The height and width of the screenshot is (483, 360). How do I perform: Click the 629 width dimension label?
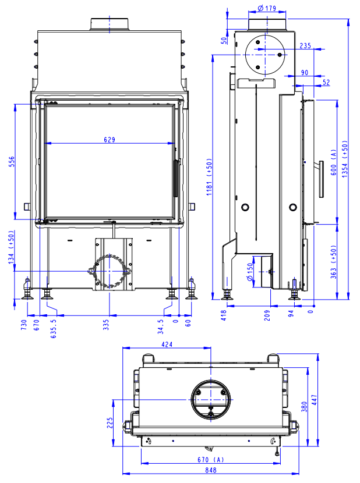point(110,139)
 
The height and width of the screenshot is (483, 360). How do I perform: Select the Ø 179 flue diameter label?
point(266,8)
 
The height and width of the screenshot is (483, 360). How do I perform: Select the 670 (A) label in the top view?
point(211,460)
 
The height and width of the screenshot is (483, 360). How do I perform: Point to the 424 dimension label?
point(167,345)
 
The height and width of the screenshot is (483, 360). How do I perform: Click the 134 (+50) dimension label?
point(10,247)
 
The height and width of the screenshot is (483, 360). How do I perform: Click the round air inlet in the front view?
point(110,272)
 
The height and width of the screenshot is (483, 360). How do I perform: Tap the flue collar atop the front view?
point(109,24)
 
